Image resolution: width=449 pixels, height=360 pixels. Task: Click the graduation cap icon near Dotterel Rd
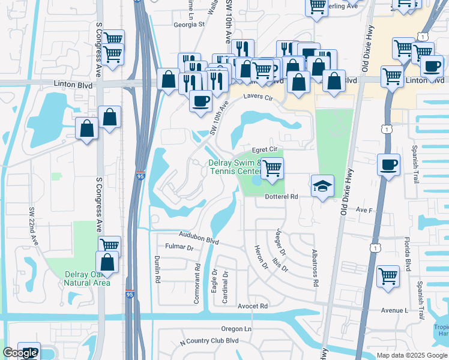pos(322,187)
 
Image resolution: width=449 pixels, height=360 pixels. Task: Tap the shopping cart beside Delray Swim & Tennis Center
pos(272,169)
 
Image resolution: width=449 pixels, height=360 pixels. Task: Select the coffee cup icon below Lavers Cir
pos(200,100)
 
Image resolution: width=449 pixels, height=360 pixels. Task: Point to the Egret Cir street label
pos(265,149)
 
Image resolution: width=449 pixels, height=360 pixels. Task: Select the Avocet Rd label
pos(252,306)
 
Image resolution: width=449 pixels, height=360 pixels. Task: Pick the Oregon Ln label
pos(236,329)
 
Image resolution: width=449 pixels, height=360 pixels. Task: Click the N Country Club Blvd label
pos(209,341)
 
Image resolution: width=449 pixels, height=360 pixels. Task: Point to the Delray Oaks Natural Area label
pos(88,278)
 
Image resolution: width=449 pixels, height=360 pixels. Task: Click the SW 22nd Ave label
pos(34,226)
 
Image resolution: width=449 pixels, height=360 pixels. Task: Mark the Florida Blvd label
pos(406,254)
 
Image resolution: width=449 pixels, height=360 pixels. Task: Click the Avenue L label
pos(394,310)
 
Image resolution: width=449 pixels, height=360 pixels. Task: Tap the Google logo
pos(20,353)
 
